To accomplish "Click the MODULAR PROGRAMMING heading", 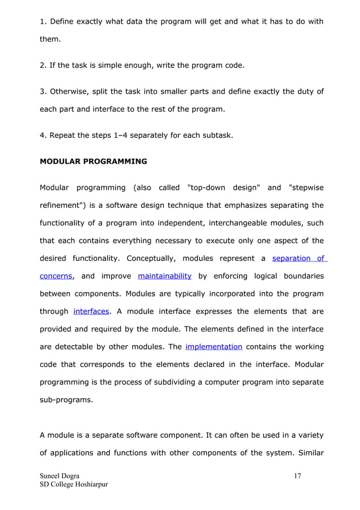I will click(93, 161).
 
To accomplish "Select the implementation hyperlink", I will click(214, 346).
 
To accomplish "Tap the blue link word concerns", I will click(55, 276).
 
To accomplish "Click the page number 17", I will click(298, 476).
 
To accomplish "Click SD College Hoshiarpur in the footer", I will click(73, 485).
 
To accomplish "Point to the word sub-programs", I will click(64, 399).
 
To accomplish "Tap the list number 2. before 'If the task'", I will click(43, 66).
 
